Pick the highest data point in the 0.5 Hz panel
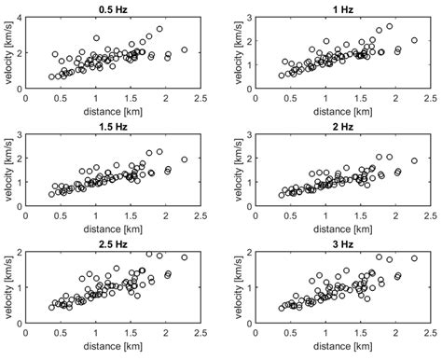[x=159, y=29]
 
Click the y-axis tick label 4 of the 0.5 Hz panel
[x=19, y=17]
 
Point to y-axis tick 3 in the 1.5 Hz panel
[x=19, y=135]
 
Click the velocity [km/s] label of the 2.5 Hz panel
[x=7, y=285]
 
